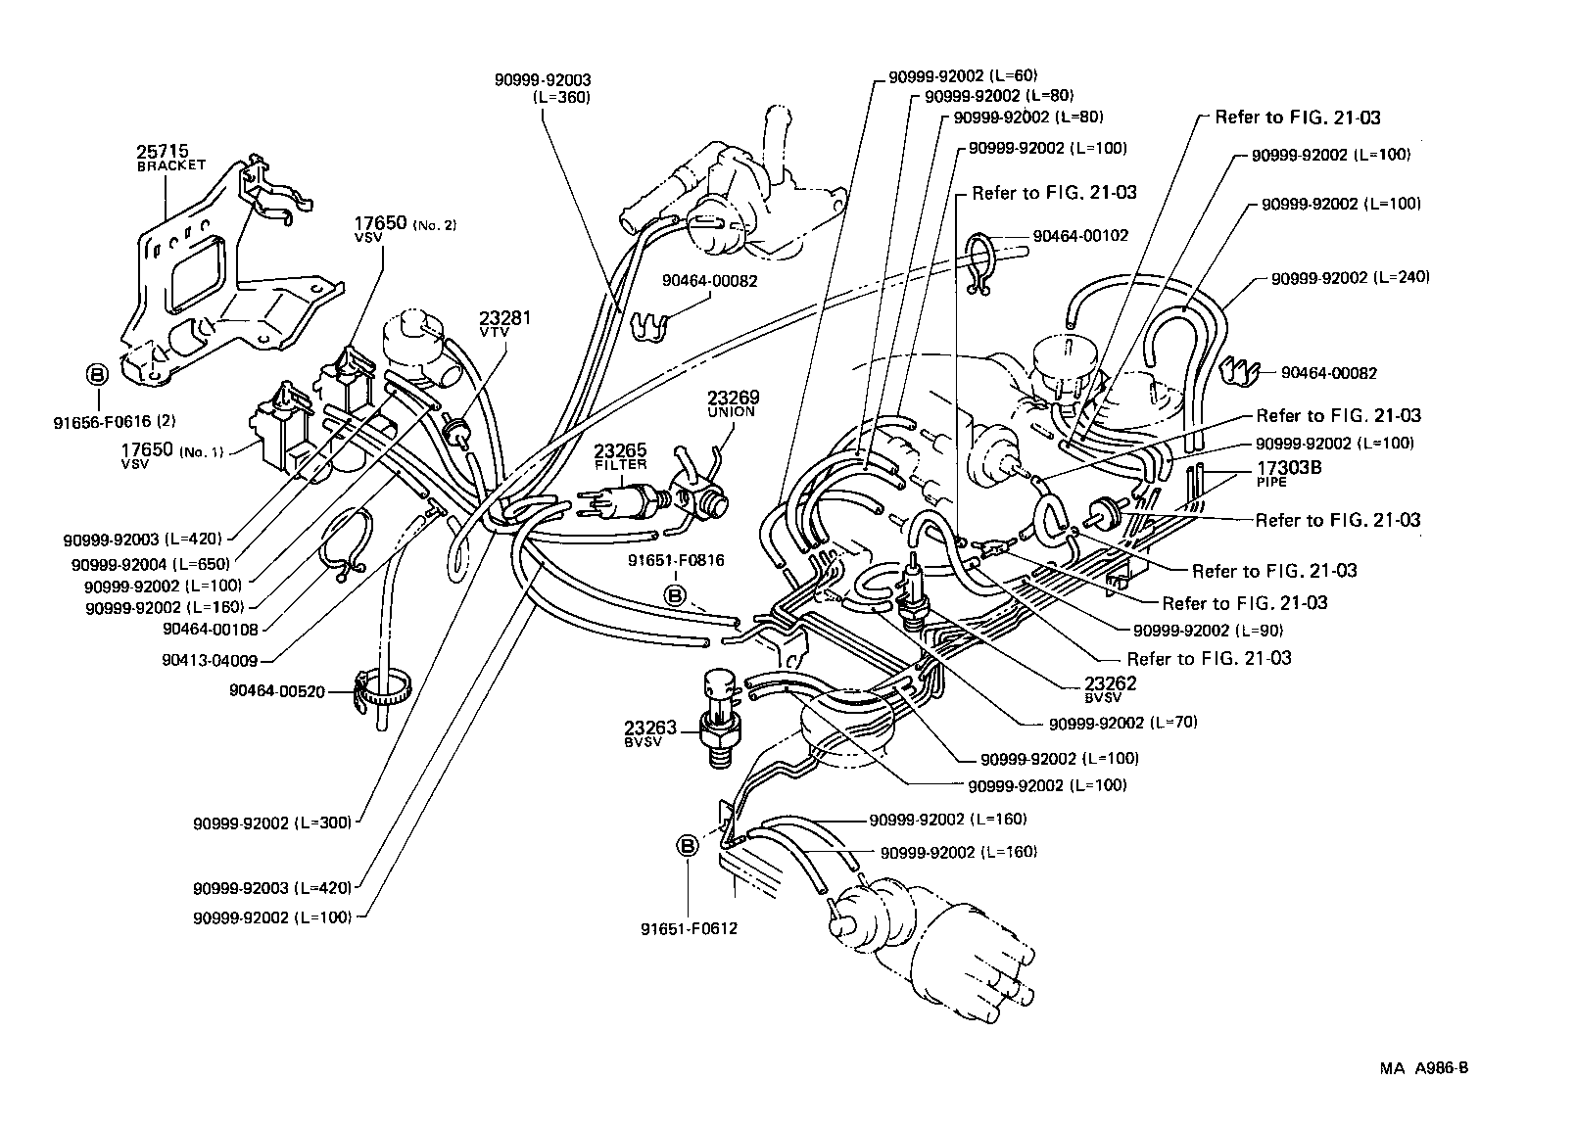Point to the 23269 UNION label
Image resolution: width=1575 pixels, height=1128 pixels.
[x=733, y=403]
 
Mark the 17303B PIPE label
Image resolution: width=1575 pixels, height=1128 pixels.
[x=1289, y=473]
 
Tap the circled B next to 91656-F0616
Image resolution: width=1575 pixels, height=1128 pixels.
[x=97, y=374]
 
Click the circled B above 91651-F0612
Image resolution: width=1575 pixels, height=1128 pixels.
[x=688, y=846]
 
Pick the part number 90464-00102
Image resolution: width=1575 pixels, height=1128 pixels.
[x=1080, y=236]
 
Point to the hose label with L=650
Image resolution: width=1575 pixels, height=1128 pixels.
[x=151, y=564]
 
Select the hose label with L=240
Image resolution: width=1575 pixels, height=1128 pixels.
[x=1350, y=277]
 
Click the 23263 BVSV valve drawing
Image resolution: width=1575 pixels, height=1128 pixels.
[x=719, y=720]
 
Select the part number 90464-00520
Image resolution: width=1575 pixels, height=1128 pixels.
[x=277, y=690]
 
